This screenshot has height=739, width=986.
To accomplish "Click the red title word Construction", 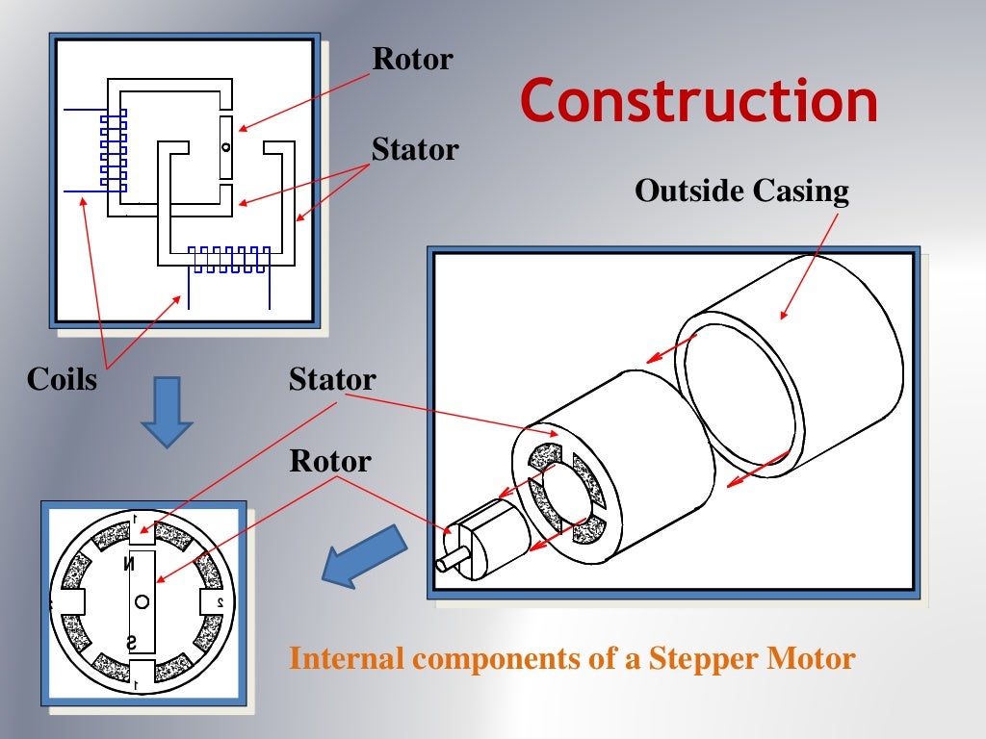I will [699, 102].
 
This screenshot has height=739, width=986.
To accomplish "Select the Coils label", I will [63, 379].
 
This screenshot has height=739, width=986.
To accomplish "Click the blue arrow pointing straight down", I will [168, 411].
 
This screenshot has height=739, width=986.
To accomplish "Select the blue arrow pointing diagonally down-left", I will [363, 556].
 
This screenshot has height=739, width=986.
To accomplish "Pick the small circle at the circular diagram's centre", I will [142, 602].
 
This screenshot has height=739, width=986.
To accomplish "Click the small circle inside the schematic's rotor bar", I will [225, 147].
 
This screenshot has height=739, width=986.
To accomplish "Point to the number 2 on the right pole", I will [220, 602].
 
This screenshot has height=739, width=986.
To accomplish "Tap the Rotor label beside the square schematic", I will [412, 60].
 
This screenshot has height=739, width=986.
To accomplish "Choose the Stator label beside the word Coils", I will [332, 379].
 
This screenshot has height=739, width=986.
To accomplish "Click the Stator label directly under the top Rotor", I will [415, 150].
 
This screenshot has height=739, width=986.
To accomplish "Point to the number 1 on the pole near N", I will [136, 519].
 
